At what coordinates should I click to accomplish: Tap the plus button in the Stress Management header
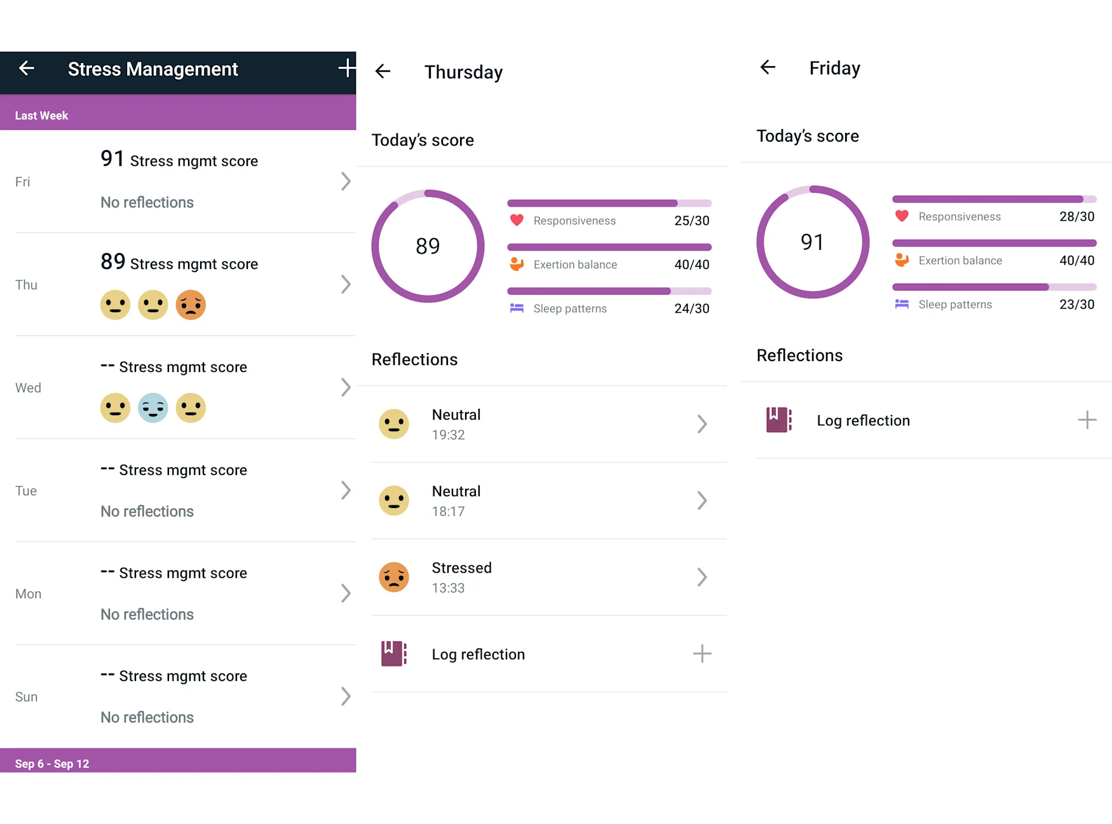(x=346, y=68)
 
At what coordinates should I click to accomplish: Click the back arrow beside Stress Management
(x=27, y=68)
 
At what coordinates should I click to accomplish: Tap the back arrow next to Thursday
(x=383, y=71)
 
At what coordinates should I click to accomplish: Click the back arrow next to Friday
(x=768, y=67)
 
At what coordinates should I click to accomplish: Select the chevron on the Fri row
(x=346, y=181)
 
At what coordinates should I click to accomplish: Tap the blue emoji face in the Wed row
(x=153, y=408)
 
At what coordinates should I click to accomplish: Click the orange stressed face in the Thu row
(x=191, y=305)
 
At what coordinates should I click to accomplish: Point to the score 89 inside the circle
(x=428, y=246)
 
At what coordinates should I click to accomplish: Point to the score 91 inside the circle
(x=812, y=242)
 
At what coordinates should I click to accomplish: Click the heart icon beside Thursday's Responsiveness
(x=517, y=220)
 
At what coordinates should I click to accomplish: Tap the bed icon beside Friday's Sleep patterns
(x=902, y=304)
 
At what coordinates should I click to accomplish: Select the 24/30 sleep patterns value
(x=691, y=308)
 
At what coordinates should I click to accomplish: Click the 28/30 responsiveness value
(x=1076, y=216)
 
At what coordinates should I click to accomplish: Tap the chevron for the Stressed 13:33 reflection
(x=702, y=577)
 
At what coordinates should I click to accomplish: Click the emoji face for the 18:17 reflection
(x=394, y=501)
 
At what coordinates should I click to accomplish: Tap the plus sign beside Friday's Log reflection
(x=1087, y=420)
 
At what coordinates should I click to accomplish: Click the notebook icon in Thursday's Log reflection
(x=393, y=654)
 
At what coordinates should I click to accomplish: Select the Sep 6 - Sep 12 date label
(x=52, y=764)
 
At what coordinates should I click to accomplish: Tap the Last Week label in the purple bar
(x=41, y=116)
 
